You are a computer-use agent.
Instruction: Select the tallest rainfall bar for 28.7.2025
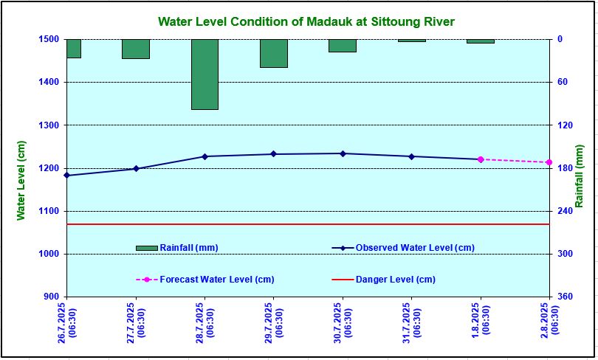click(205, 74)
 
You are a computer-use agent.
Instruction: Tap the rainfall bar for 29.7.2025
click(273, 53)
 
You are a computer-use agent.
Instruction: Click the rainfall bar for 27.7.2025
click(136, 49)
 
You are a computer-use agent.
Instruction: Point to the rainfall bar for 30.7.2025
click(343, 46)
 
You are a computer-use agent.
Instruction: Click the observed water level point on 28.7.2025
click(205, 156)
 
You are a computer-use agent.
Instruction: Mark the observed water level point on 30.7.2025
click(343, 153)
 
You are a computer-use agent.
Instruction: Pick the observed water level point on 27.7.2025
click(136, 169)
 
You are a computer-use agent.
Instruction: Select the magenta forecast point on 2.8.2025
click(549, 162)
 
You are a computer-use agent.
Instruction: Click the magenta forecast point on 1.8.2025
click(481, 159)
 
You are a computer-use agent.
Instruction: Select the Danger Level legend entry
click(395, 280)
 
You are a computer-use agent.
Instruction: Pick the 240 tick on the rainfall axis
click(564, 211)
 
